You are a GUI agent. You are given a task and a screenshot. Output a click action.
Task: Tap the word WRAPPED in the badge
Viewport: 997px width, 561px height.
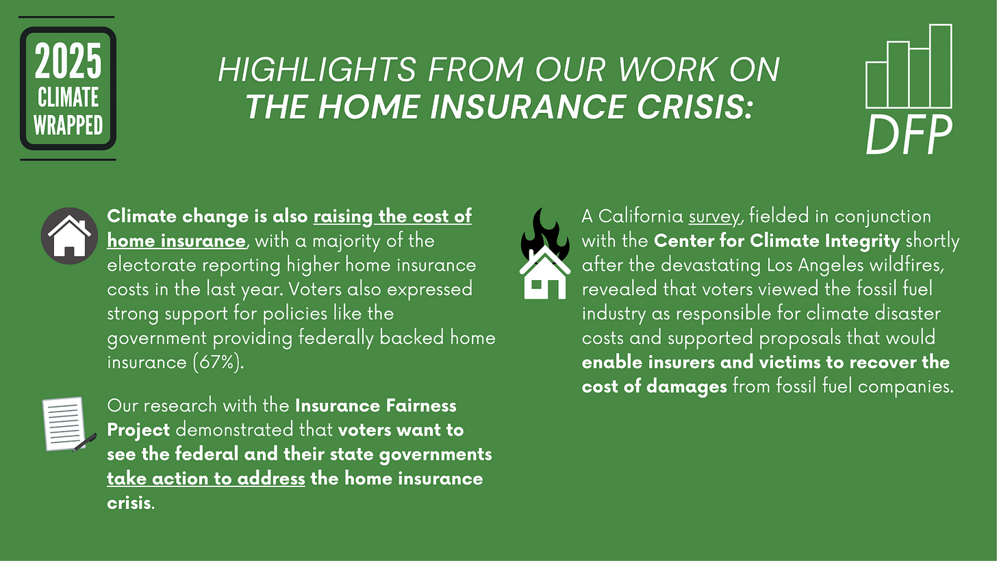click(x=68, y=125)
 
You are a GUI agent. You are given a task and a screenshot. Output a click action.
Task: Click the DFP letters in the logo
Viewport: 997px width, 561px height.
click(x=908, y=136)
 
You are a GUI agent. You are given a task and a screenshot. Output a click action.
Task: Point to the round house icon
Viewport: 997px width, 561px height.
click(x=70, y=236)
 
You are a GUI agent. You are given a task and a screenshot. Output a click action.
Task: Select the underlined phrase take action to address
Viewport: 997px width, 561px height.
click(x=206, y=478)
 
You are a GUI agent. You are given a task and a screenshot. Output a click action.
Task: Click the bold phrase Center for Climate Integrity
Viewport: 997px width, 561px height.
click(x=777, y=241)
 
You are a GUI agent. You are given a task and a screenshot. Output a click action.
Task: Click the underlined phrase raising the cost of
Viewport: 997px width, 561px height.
click(x=392, y=216)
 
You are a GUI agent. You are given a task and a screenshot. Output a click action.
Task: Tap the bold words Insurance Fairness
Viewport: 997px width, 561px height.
click(x=375, y=406)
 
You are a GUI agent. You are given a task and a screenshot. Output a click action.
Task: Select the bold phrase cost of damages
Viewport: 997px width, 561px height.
click(x=654, y=386)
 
